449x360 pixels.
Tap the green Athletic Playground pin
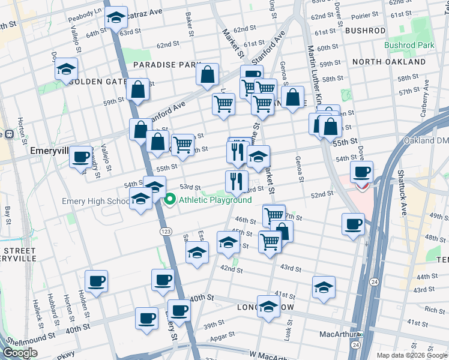(169, 200)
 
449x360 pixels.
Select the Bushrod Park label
(409, 45)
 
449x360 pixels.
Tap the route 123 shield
(163, 231)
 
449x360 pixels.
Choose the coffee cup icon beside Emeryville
(80, 158)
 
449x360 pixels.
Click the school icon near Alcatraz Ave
(115, 18)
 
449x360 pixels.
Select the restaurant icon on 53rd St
(237, 180)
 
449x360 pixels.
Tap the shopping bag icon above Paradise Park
(207, 75)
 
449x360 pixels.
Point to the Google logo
(20, 353)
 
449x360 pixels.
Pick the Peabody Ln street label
(85, 11)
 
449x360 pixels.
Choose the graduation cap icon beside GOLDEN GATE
(67, 69)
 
